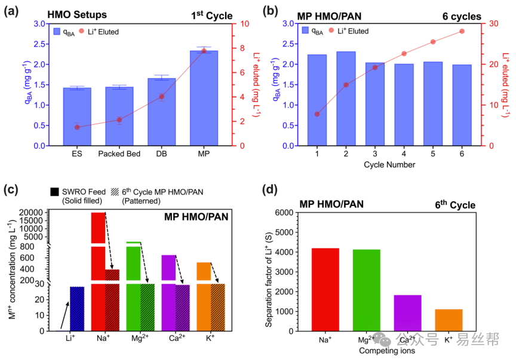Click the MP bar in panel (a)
204,99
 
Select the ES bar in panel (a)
77,117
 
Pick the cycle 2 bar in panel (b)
346,99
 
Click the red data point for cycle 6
462,31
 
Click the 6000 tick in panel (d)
294,213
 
